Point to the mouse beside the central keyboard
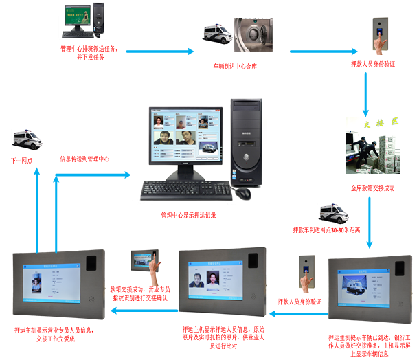click(242, 193)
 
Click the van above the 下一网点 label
click(28, 140)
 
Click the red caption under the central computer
click(188, 215)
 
